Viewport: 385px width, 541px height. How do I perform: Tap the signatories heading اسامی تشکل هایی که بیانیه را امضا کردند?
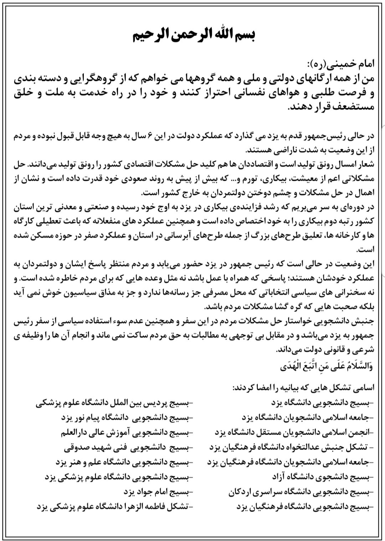[303, 388]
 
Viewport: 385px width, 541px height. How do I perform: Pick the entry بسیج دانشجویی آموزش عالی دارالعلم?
[126, 432]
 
